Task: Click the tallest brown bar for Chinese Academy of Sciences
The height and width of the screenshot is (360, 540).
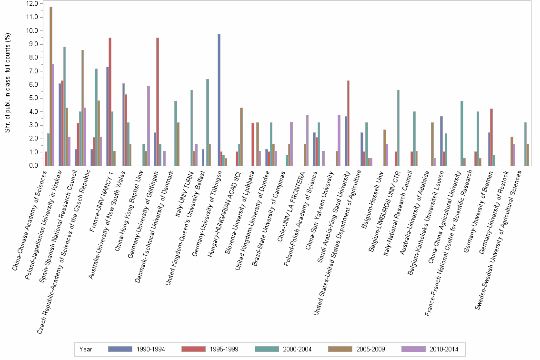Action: pyautogui.click(x=51, y=86)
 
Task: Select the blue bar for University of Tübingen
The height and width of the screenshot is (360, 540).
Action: pyautogui.click(x=219, y=100)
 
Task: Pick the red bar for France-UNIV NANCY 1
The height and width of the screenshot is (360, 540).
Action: pyautogui.click(x=110, y=102)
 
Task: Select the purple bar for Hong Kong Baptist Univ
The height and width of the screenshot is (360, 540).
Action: pyautogui.click(x=149, y=126)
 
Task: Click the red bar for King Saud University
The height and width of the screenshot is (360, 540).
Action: pyautogui.click(x=349, y=123)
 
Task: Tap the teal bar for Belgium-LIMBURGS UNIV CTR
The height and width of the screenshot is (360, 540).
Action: pyautogui.click(x=398, y=128)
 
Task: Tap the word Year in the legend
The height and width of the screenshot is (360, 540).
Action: pyautogui.click(x=86, y=350)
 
